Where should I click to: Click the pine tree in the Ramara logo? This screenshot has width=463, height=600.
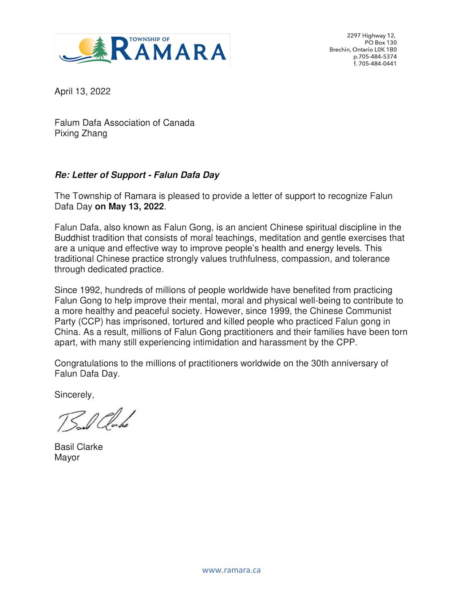click(x=100, y=49)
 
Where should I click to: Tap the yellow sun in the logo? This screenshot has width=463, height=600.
click(x=87, y=47)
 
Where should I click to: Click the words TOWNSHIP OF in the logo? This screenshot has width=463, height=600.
click(x=149, y=39)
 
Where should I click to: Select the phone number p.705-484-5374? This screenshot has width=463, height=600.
click(x=375, y=56)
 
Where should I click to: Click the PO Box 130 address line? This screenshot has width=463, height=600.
click(x=380, y=43)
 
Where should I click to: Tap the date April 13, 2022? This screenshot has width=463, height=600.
click(x=83, y=91)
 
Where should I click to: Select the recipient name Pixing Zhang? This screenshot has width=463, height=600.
click(x=81, y=133)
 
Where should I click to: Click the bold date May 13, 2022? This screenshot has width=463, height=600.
click(x=136, y=207)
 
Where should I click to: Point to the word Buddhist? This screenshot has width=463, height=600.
click(x=73, y=238)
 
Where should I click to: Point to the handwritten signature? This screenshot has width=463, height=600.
click(x=96, y=420)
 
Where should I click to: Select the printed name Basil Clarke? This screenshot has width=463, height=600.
click(x=79, y=447)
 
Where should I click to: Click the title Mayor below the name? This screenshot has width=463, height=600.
click(x=67, y=457)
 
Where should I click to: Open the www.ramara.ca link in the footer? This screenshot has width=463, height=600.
click(x=231, y=570)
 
